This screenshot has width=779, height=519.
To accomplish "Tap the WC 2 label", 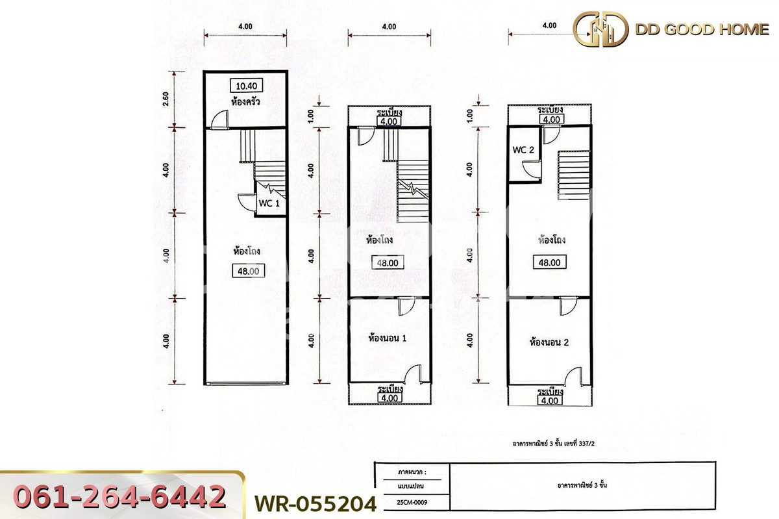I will coord(523,150).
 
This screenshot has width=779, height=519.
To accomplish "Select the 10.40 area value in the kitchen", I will coord(245,85).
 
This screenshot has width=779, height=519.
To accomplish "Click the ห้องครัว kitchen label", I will coord(245,101).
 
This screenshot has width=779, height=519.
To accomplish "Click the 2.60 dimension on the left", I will coord(166,98).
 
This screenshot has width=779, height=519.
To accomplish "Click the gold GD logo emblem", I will coord(600,29).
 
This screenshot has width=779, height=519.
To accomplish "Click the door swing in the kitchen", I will coord(219,119).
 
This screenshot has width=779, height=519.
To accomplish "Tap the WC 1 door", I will coord(245,201).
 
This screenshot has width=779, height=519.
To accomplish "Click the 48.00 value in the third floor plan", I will coord(549,263).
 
